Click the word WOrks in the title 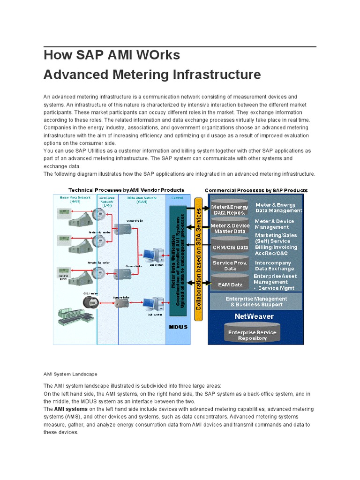click(x=156, y=55)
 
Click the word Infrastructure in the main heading click(x=212, y=75)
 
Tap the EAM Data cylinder click(x=230, y=284)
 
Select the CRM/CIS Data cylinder click(x=230, y=247)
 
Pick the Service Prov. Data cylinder click(x=230, y=266)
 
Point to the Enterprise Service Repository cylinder click(x=252, y=335)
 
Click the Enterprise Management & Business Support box click(x=256, y=301)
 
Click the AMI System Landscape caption click(x=70, y=374)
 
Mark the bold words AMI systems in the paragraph click(x=71, y=409)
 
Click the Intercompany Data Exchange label click(x=273, y=266)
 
